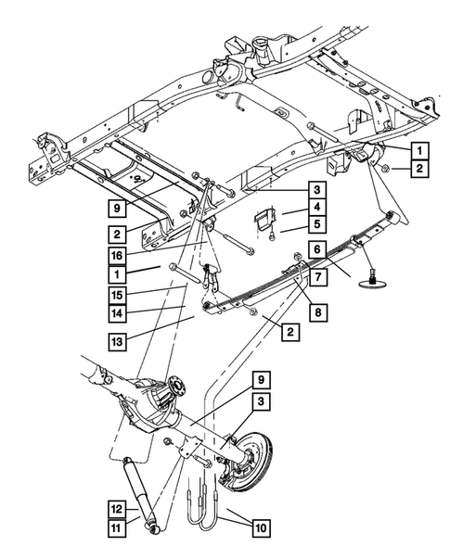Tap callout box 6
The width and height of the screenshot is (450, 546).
316,249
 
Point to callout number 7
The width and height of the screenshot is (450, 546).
316,277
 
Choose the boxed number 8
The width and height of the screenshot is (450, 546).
316,313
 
